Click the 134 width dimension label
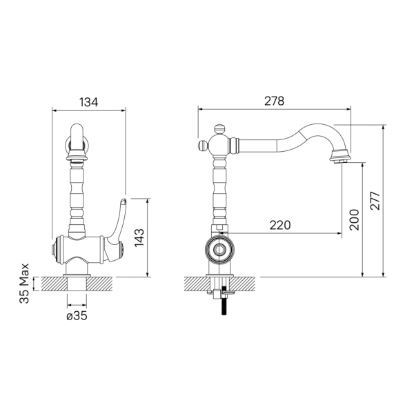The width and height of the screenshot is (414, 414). click(89, 102)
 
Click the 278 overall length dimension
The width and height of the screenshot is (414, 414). click(275, 101)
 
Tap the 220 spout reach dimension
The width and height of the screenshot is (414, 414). click(280, 225)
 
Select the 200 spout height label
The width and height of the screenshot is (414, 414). click(355, 219)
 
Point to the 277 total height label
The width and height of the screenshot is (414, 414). click(375, 201)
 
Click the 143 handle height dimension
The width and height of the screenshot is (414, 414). click(139, 237)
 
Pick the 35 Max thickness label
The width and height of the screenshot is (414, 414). click(24, 284)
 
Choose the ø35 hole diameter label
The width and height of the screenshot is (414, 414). click(77, 316)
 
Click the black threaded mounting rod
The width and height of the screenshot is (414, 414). click(224, 301)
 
